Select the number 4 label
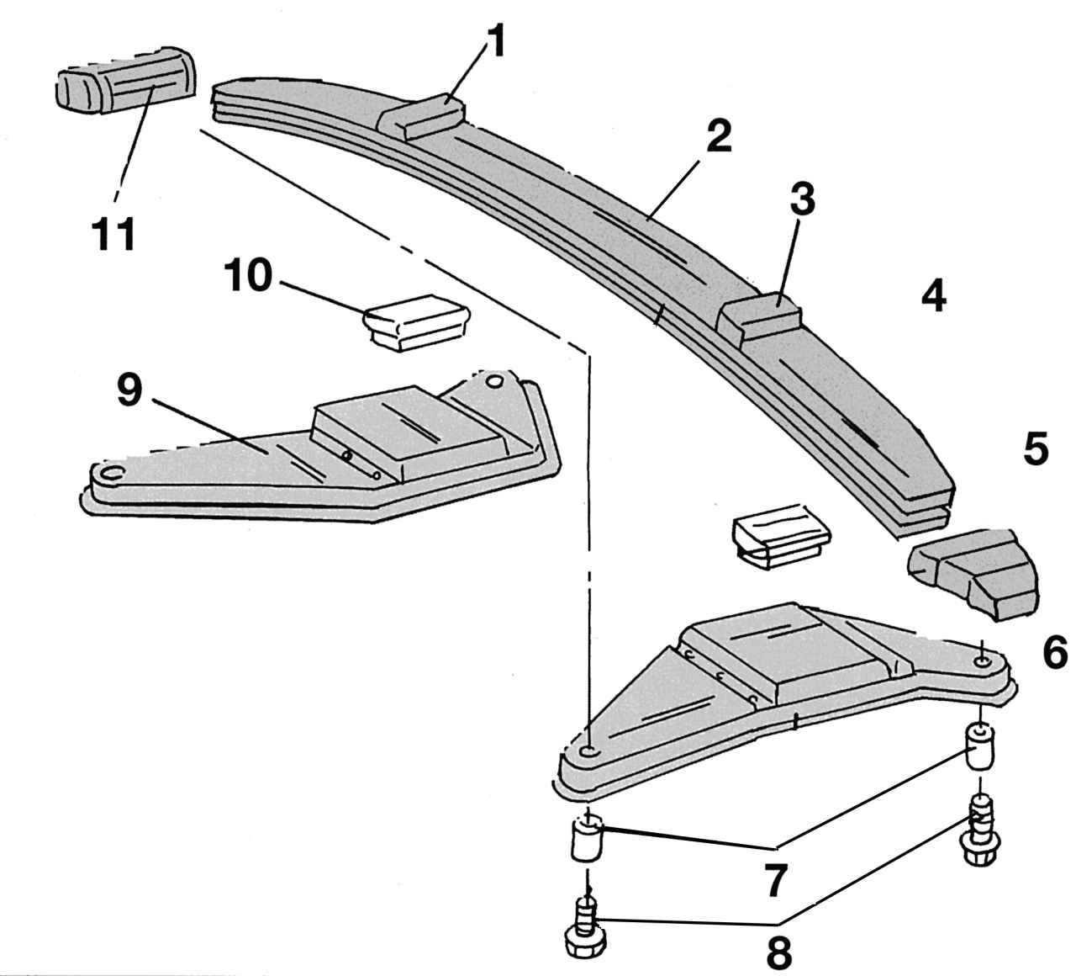tap(933, 297)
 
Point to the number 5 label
tap(1036, 449)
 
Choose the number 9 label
tap(129, 390)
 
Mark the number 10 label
tap(248, 277)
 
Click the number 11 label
tap(115, 235)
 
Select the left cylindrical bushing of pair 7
tap(588, 836)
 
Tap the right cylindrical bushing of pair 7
tap(982, 746)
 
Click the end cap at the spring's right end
tap(975, 572)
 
